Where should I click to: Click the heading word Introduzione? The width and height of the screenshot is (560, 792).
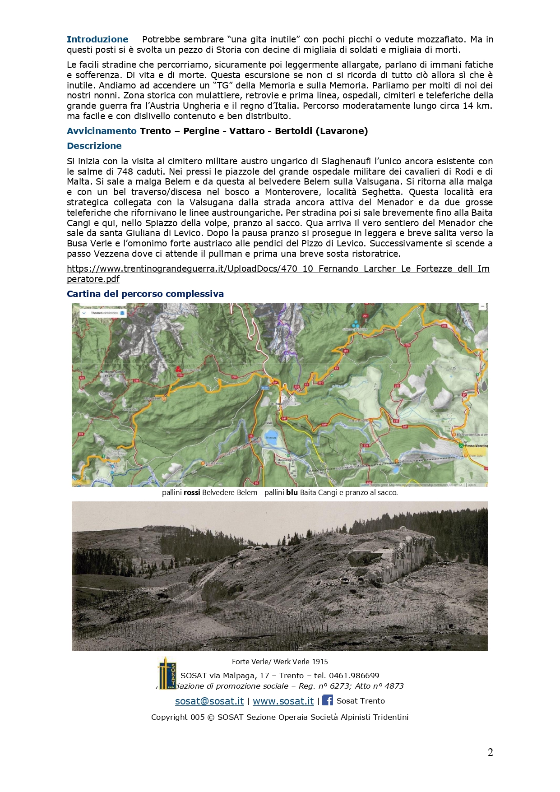[97, 39]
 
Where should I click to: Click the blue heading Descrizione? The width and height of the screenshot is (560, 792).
[94, 146]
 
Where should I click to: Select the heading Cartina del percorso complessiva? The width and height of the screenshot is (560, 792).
[145, 294]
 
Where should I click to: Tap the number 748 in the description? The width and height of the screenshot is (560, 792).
[125, 171]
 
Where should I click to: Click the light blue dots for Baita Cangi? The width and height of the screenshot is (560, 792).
[356, 324]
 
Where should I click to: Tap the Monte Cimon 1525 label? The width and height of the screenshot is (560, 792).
[115, 374]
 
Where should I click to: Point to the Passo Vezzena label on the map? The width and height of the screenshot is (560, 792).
[476, 445]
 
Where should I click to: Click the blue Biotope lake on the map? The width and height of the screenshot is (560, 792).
[271, 438]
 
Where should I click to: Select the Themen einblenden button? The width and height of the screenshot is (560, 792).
[103, 313]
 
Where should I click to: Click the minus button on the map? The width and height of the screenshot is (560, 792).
[482, 306]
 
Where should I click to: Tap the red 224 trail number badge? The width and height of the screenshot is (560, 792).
[81, 434]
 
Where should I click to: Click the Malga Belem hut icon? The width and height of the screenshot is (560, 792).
[164, 399]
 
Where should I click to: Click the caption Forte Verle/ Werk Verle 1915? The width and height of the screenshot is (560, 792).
[280, 662]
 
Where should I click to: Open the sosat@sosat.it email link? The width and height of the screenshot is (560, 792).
[209, 701]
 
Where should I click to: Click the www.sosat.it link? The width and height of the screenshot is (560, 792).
[283, 701]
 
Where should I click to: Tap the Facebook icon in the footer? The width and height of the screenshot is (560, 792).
[328, 700]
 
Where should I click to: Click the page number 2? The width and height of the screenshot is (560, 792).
[490, 752]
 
